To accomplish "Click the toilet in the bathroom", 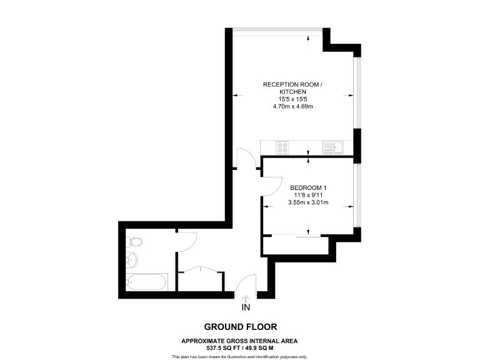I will click(x=134, y=242).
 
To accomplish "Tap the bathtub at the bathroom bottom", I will click(x=146, y=282).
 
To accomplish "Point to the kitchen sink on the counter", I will click(x=331, y=147).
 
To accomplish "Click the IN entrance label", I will click(x=245, y=307).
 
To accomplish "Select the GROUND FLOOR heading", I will click(x=240, y=327).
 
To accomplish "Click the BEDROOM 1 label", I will click(x=307, y=187).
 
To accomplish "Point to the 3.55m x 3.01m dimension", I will click(x=307, y=202).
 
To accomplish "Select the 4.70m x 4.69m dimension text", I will click(x=292, y=107).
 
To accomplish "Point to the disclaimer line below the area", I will click(x=240, y=356).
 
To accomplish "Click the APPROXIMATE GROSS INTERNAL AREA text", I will click(x=240, y=341).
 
